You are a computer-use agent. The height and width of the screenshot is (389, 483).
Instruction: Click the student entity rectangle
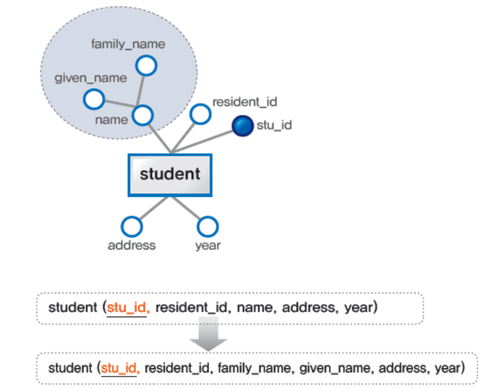[x=170, y=174]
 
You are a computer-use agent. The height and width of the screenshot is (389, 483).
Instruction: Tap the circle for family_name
[x=147, y=66]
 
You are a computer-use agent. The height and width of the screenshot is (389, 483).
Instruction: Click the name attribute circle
[x=143, y=115]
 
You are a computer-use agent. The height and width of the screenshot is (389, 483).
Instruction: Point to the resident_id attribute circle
[x=199, y=114]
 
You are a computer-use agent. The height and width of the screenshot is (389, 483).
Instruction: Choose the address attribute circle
[x=132, y=226]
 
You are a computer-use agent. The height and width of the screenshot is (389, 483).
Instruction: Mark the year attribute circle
[x=207, y=226]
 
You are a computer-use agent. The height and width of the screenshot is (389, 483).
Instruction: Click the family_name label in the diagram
[x=128, y=44]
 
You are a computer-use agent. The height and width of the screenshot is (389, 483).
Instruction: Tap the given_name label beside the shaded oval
[x=91, y=78]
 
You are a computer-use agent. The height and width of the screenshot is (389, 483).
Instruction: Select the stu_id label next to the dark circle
[x=274, y=124]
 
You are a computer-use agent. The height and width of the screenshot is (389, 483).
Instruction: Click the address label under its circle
[x=132, y=245]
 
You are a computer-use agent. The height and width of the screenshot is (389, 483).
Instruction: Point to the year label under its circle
[x=208, y=245]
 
